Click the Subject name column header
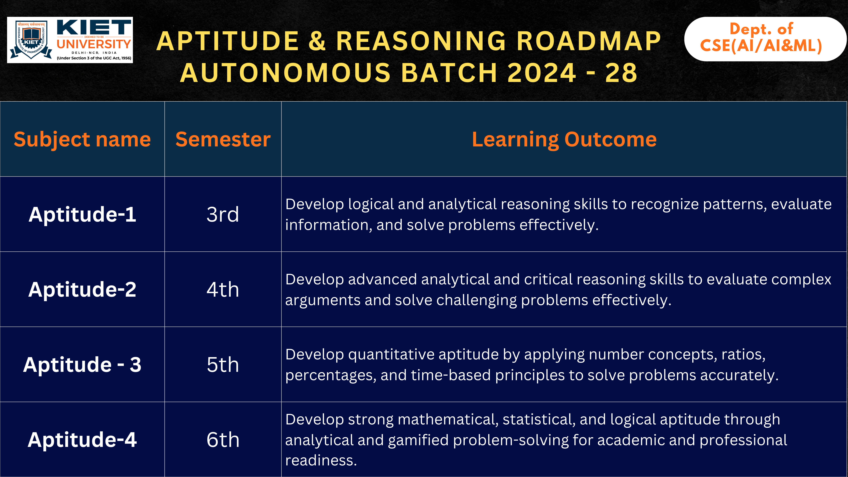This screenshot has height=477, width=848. click(82, 139)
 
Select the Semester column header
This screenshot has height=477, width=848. click(223, 139)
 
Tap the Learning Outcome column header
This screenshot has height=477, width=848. click(564, 139)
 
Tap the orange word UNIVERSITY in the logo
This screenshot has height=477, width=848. click(94, 44)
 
